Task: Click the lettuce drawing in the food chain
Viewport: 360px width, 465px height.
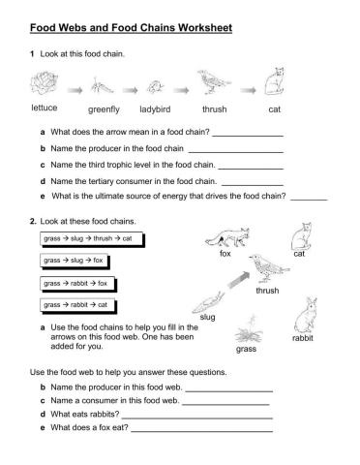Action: tap(44, 84)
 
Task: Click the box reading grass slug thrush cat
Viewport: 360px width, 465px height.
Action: tap(87, 238)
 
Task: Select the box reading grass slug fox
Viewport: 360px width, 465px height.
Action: tap(74, 261)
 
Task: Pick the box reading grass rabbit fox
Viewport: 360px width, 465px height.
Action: tap(76, 283)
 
